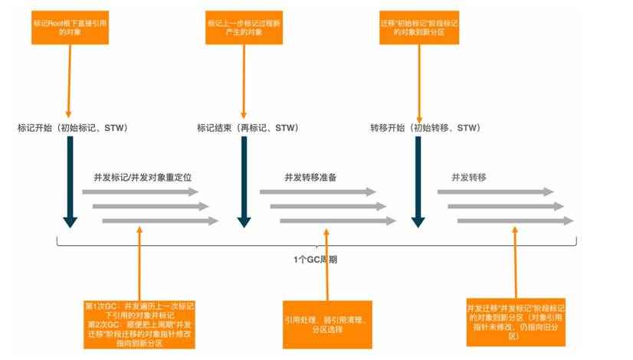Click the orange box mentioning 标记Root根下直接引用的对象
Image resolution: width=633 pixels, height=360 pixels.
70,28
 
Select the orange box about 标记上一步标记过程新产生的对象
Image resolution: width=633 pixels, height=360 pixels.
244,28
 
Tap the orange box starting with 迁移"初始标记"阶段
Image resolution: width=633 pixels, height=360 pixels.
419,28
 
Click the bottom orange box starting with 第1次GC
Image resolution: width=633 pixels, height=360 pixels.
140,323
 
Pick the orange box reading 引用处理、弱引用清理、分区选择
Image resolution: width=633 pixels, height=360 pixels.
327,323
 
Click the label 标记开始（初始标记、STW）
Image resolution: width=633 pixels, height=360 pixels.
73,128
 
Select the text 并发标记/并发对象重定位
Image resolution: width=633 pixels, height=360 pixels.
143,177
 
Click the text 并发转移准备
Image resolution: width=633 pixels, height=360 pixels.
310,177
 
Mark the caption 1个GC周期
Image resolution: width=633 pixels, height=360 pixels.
315,260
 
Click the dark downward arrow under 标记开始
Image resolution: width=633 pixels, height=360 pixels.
70,184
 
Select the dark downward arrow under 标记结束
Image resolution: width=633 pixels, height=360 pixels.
244,184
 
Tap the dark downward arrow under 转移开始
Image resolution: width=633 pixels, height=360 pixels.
418,184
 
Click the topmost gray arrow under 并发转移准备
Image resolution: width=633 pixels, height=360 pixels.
318,192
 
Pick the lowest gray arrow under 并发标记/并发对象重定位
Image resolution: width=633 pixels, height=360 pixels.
160,221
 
